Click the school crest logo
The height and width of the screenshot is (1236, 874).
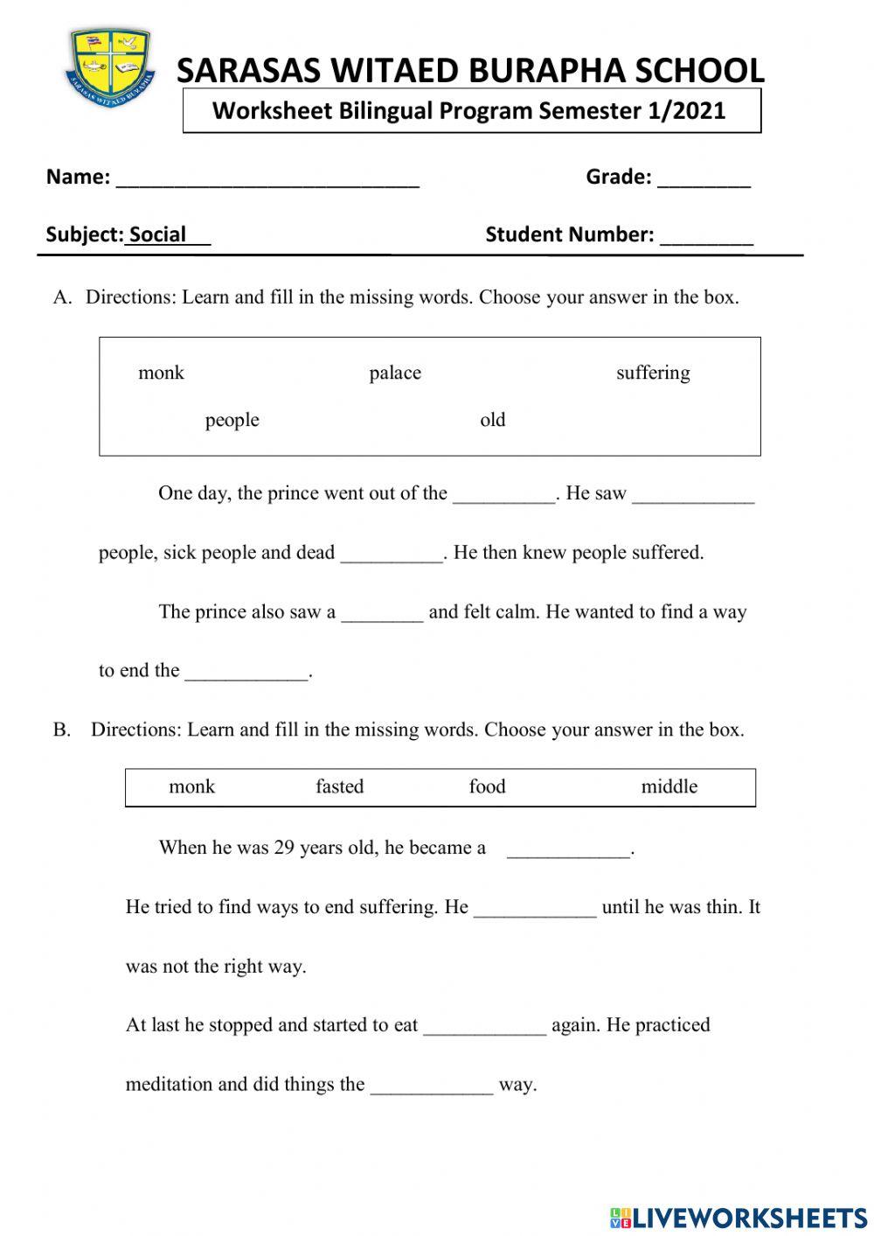110,66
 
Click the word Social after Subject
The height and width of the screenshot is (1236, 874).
158,234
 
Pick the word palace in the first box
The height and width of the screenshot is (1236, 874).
395,373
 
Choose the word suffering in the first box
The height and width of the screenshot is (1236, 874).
653,373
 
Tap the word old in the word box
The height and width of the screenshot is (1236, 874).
493,420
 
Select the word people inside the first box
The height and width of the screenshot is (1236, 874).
232,420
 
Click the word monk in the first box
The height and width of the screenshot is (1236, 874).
161,373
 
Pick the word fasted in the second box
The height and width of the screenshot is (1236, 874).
339,786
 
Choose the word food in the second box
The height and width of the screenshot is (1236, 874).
487,786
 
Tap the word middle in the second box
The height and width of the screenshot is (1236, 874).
669,786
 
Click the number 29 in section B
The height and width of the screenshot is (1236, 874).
284,847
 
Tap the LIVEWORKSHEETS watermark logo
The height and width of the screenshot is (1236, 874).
738,1217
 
